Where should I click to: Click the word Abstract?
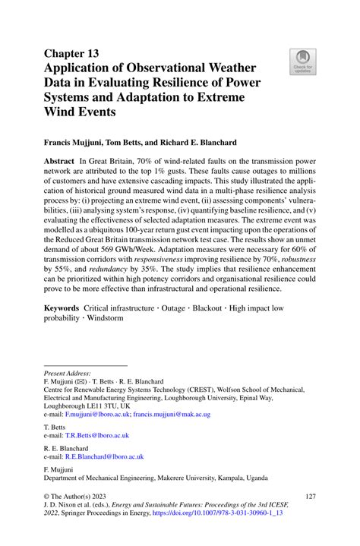[x=60, y=162]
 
